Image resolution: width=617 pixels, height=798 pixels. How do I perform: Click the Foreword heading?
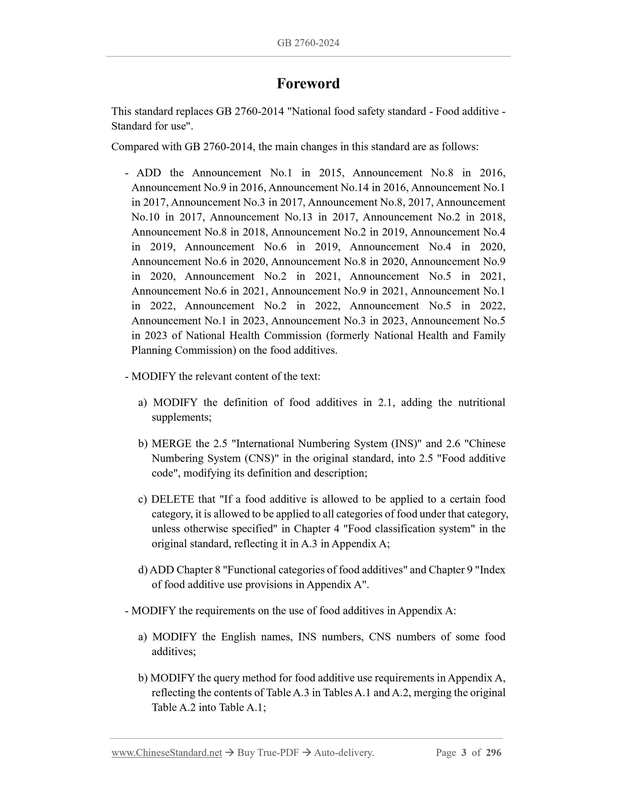[308, 84]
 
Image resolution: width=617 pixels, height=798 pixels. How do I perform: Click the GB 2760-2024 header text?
[308, 43]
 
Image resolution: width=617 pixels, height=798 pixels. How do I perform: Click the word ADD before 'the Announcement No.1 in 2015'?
[149, 173]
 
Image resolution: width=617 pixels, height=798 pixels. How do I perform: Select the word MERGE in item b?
[172, 444]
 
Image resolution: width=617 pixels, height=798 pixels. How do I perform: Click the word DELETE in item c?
[172, 499]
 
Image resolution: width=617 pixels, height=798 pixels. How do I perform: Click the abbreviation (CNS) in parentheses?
[261, 458]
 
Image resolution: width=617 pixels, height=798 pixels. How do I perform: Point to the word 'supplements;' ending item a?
[182, 417]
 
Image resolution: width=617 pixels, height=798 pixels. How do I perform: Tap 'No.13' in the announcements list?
[298, 217]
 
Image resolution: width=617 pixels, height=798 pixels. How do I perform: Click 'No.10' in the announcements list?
[146, 217]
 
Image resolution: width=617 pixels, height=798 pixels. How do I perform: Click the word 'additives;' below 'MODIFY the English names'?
[174, 652]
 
